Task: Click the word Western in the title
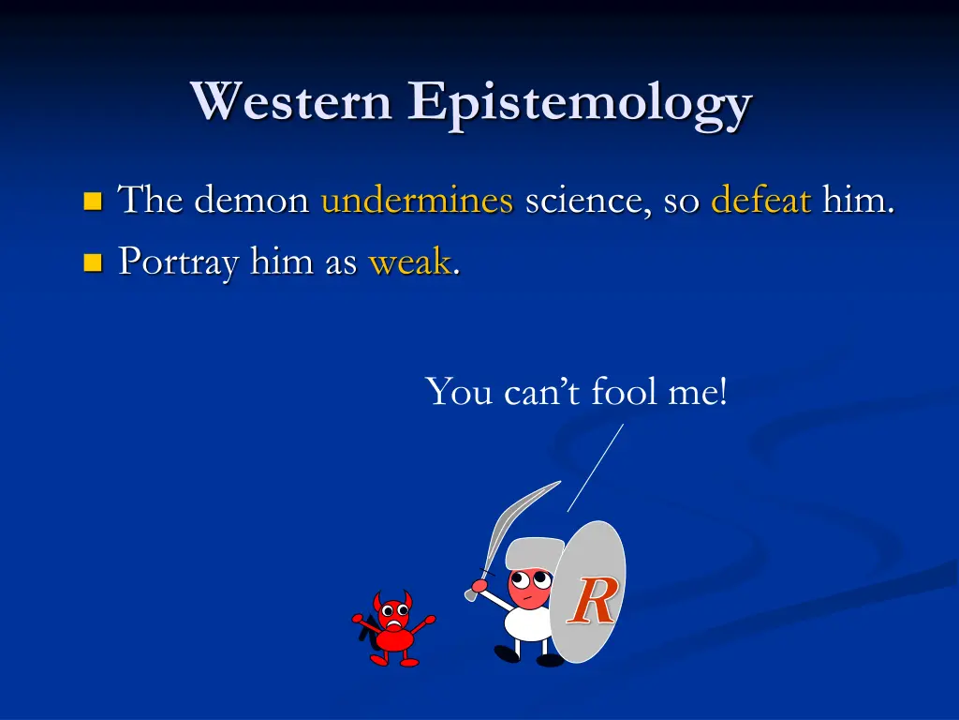coord(291,101)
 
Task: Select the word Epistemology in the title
coord(580,103)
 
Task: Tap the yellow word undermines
coord(417,200)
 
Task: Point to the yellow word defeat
coord(760,200)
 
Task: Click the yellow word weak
coord(409,262)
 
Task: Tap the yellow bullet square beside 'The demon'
coord(92,201)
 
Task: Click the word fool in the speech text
coord(626,391)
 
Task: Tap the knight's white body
coord(524,622)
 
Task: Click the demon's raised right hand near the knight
coord(429,620)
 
